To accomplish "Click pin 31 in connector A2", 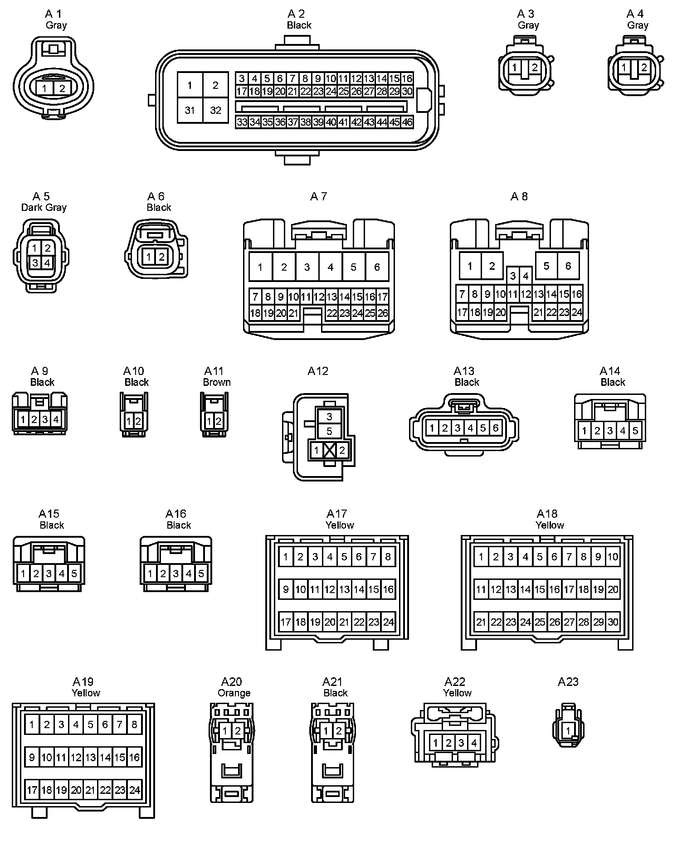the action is click(x=190, y=110).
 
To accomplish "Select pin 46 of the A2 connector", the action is click(x=407, y=122).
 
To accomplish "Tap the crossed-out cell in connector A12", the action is click(x=329, y=450).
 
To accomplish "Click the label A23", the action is click(x=568, y=682).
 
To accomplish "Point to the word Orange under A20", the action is click(x=234, y=693).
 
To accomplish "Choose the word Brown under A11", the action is click(x=217, y=382).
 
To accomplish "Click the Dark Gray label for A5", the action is click(x=44, y=208).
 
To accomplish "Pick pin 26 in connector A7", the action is click(x=383, y=313).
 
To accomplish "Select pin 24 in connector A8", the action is click(x=576, y=312).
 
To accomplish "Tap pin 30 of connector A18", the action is click(x=613, y=622).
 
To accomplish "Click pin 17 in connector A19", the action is click(x=32, y=790).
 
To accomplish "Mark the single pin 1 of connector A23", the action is click(x=568, y=731).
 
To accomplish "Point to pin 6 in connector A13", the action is click(x=496, y=428).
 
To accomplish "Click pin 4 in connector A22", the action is click(x=474, y=743).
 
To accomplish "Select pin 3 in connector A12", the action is click(x=329, y=417).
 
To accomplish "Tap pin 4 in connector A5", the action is click(x=47, y=263).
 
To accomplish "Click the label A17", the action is click(x=336, y=514).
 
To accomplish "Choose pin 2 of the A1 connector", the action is click(x=62, y=88).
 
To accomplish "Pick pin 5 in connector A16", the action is click(x=201, y=574).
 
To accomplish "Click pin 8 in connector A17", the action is click(x=388, y=557).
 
